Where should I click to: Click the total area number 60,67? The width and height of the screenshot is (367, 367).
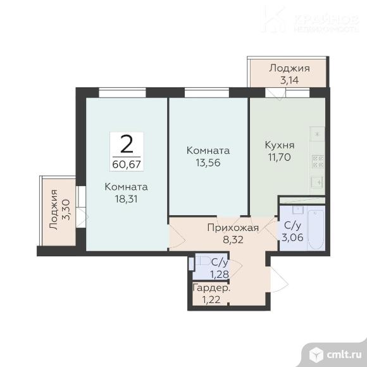127,165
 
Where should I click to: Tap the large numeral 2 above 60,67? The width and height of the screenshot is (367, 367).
127,144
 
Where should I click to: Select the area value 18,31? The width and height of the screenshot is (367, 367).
126,199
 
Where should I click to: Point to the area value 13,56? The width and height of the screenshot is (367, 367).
208,163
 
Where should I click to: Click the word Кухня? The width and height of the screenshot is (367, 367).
280,145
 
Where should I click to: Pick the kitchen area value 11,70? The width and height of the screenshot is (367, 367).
280,157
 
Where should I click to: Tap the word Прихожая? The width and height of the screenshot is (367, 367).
233,228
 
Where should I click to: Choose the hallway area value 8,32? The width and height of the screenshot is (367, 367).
233,239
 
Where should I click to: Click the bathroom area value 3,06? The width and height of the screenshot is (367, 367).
292,237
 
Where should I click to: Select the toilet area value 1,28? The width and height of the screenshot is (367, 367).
220,274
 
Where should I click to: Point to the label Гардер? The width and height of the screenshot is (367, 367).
211,288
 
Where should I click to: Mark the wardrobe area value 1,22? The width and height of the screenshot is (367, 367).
211,300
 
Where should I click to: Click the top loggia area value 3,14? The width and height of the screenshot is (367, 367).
289,80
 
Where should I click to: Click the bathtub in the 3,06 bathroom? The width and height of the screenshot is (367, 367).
316,230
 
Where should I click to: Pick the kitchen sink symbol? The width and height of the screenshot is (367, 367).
318,182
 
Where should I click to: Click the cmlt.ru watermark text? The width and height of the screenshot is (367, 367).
344,355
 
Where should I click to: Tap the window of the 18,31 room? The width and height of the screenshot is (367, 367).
122,92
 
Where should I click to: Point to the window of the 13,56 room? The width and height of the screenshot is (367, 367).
207,92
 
